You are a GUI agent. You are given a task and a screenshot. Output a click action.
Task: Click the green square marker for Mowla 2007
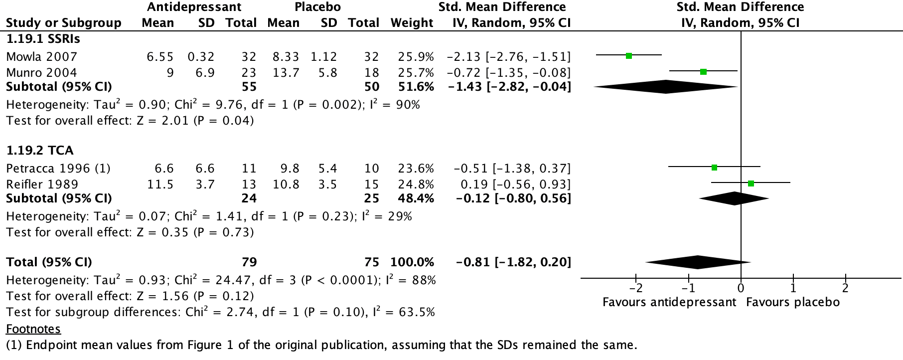(629, 56)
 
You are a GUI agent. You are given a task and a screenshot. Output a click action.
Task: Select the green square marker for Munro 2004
(703, 72)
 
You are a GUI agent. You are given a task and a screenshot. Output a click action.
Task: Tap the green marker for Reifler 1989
(751, 183)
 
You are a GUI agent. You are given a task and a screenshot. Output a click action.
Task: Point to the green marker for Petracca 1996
(714, 168)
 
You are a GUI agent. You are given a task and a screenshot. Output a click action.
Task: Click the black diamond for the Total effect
(698, 262)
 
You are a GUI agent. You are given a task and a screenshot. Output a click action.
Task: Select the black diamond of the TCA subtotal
(734, 198)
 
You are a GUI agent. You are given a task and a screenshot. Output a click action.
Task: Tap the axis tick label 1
(793, 288)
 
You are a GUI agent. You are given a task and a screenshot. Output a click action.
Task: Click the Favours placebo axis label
(792, 302)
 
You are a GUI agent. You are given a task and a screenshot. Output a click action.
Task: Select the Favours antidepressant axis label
(669, 302)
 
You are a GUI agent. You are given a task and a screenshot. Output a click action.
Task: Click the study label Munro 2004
(42, 72)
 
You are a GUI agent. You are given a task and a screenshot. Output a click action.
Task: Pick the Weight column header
(412, 23)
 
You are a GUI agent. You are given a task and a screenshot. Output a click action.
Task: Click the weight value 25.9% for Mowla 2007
(416, 56)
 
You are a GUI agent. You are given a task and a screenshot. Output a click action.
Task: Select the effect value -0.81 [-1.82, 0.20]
(513, 262)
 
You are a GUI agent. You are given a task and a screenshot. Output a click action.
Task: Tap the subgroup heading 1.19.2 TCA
(40, 150)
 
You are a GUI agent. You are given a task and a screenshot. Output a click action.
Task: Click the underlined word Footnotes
(33, 329)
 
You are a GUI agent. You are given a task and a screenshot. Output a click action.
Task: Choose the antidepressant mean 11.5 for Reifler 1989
(160, 184)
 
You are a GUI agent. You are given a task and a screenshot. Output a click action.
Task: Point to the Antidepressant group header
(194, 7)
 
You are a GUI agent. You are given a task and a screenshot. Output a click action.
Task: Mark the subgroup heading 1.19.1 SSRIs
(43, 38)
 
